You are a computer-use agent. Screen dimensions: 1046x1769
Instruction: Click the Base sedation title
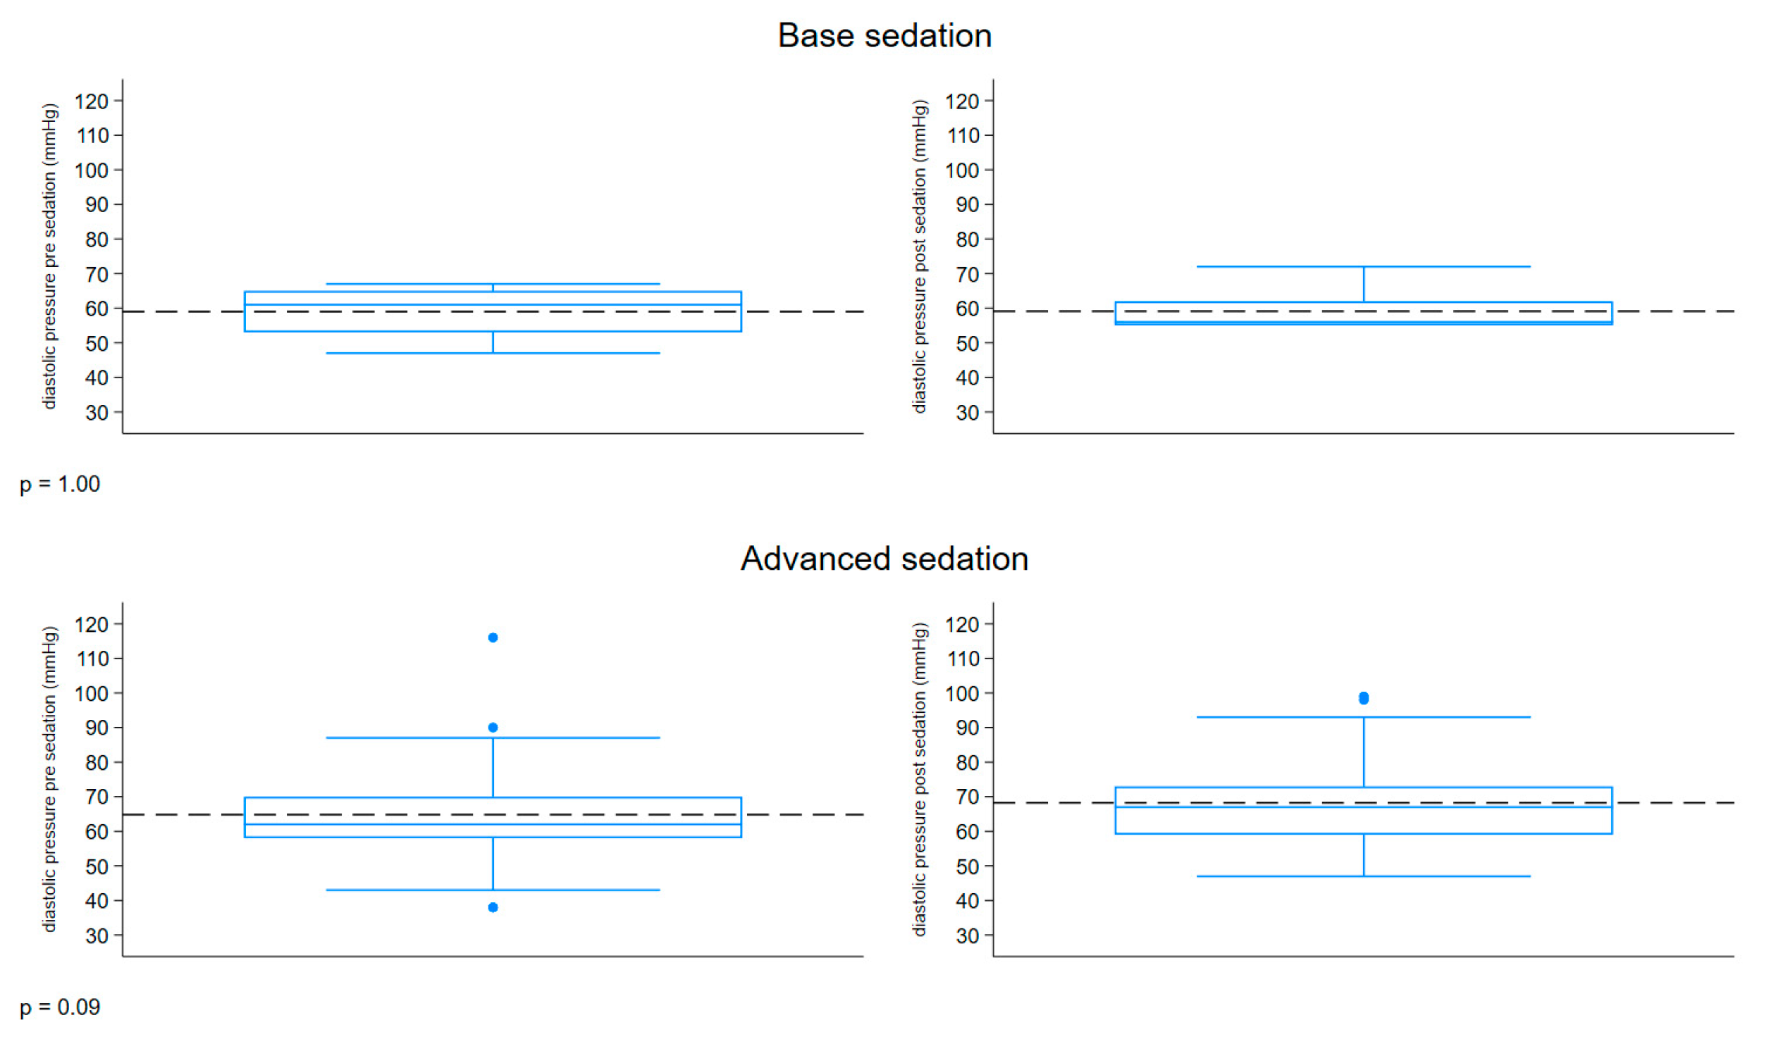pyautogui.click(x=884, y=36)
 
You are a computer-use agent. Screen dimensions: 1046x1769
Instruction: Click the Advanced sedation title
pyautogui.click(x=884, y=559)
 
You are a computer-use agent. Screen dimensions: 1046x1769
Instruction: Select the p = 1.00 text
pyautogui.click(x=60, y=484)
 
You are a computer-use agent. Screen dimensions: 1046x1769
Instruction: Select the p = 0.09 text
pyautogui.click(x=60, y=1007)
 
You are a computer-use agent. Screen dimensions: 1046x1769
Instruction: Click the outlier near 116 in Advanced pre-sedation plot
pyautogui.click(x=493, y=638)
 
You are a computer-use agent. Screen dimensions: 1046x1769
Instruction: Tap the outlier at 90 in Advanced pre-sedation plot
pyautogui.click(x=493, y=728)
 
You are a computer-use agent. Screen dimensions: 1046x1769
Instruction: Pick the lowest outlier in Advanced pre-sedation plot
pyautogui.click(x=493, y=907)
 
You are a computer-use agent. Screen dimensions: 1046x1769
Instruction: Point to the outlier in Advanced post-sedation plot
pyautogui.click(x=1364, y=699)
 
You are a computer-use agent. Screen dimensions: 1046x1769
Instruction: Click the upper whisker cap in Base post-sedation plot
pyautogui.click(x=1364, y=266)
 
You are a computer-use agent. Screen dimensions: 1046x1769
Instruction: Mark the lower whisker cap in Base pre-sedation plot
pyautogui.click(x=493, y=353)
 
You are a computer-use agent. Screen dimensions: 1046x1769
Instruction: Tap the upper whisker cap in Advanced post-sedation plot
pyautogui.click(x=1364, y=717)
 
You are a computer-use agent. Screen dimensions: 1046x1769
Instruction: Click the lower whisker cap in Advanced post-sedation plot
pyautogui.click(x=1364, y=876)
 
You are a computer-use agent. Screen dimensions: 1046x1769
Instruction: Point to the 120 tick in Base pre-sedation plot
pyautogui.click(x=92, y=101)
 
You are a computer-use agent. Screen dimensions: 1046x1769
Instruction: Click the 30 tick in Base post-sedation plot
pyautogui.click(x=967, y=413)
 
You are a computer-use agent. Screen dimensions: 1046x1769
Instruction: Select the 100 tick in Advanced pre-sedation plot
pyautogui.click(x=92, y=694)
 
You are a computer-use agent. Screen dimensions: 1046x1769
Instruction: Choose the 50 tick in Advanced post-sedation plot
pyautogui.click(x=967, y=866)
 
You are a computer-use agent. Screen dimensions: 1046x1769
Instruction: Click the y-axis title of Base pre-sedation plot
pyautogui.click(x=49, y=256)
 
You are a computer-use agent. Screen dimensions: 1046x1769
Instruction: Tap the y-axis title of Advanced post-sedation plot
pyautogui.click(x=920, y=779)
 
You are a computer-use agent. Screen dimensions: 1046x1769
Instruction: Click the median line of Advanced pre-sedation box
pyautogui.click(x=493, y=824)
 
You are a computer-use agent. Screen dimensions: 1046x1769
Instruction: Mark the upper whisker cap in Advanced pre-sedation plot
pyautogui.click(x=493, y=738)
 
